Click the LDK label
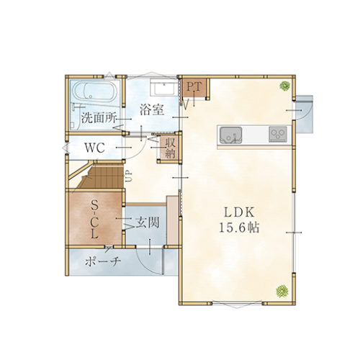[240, 212]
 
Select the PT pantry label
[194, 87]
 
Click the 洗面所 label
[98, 117]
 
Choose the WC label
[95, 148]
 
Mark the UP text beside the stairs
[128, 175]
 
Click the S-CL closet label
[94, 220]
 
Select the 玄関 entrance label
[147, 224]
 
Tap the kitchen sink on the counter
[231, 133]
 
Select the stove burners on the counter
[278, 133]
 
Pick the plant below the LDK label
[281, 290]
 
